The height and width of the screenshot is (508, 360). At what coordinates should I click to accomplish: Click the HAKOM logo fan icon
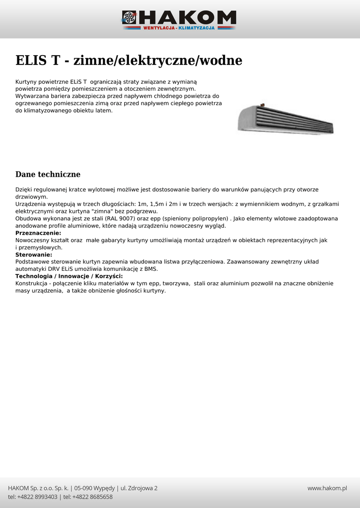point(129,18)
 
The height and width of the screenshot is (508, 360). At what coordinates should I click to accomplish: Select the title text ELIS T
point(38,61)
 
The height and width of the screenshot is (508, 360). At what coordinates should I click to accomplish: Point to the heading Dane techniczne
point(48,175)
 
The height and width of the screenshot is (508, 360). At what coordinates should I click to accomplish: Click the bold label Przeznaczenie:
point(38,233)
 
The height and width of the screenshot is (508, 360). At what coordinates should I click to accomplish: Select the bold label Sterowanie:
point(34,254)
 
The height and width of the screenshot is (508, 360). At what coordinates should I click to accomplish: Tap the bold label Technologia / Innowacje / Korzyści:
point(69,276)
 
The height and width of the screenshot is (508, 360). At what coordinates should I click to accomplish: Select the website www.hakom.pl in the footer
point(327,488)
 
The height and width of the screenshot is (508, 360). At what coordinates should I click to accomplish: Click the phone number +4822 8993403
point(38,497)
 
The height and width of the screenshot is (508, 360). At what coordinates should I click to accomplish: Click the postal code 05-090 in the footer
point(84,488)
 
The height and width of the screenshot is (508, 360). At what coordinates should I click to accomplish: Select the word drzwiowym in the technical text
point(31,196)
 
